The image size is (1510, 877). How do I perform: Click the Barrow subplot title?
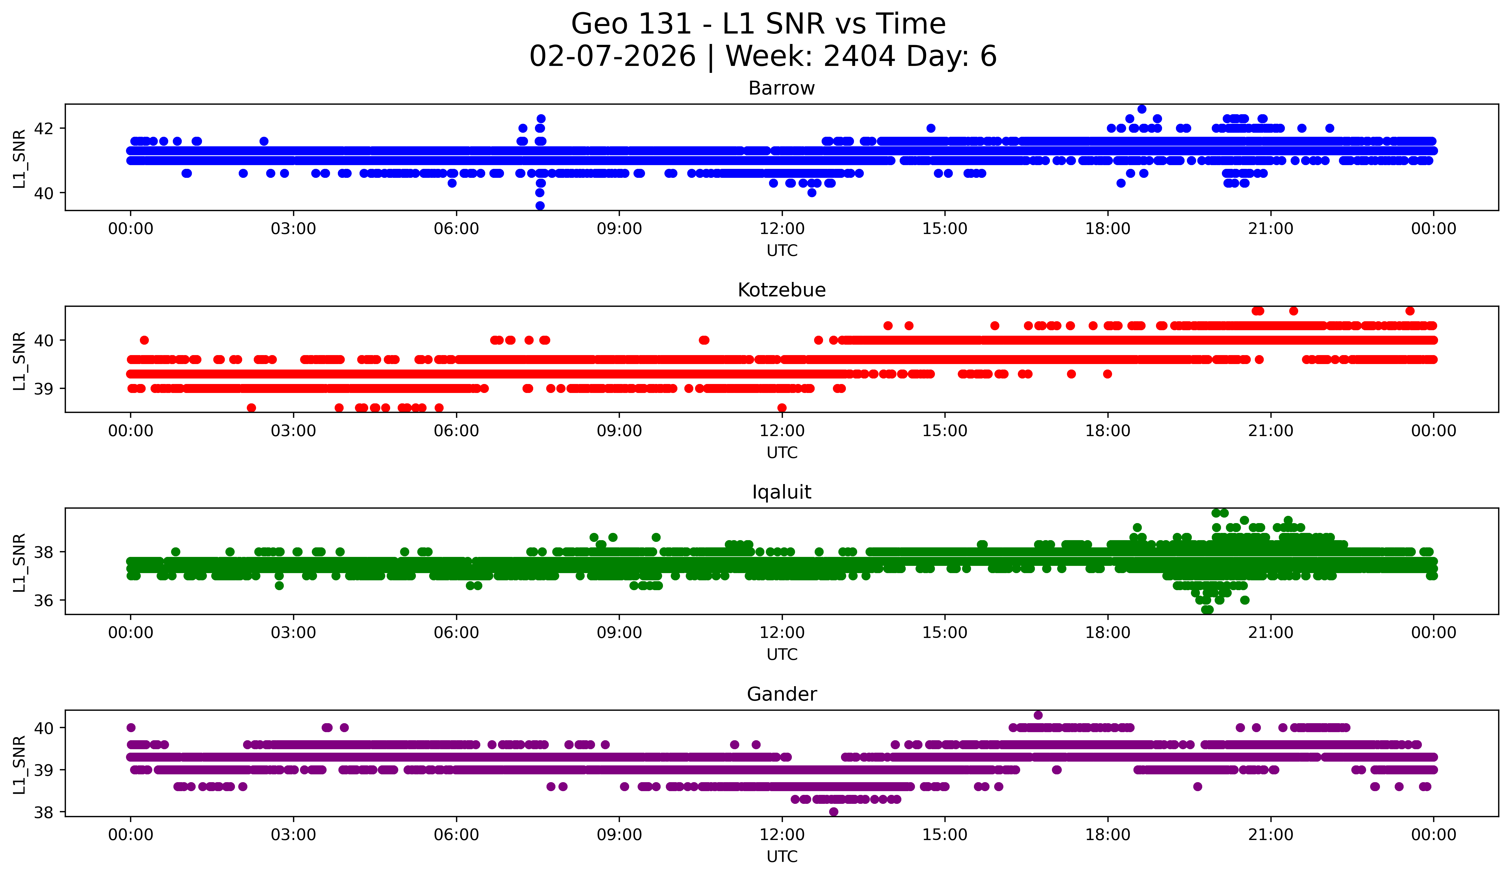(781, 88)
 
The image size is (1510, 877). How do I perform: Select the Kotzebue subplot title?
(781, 290)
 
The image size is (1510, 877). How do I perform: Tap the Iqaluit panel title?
(781, 492)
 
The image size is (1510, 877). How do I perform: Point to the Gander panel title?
(781, 694)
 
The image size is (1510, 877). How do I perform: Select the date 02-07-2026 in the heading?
(612, 56)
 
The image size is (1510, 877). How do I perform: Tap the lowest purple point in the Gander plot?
(833, 812)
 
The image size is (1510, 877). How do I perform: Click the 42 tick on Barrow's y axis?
(44, 128)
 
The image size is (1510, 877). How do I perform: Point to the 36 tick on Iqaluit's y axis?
(44, 600)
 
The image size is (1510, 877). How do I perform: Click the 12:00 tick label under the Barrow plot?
(782, 229)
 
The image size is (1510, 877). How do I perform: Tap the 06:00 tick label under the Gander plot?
(457, 834)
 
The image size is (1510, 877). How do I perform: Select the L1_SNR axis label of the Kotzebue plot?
(19, 360)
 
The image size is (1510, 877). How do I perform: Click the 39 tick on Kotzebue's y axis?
(44, 388)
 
